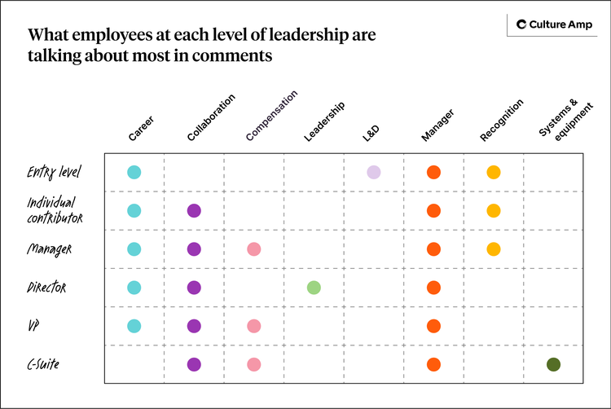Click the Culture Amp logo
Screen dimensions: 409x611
click(x=552, y=25)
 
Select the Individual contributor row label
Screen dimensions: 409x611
click(x=54, y=210)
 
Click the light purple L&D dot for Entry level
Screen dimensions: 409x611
click(x=373, y=172)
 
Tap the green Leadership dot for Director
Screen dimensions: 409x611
click(x=314, y=288)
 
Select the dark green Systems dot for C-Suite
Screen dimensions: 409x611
click(x=553, y=365)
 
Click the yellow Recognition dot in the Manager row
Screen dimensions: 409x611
click(x=493, y=249)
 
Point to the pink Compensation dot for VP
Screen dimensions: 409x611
click(x=253, y=326)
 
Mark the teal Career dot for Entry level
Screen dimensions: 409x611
click(x=134, y=172)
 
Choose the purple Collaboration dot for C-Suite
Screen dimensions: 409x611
click(x=194, y=365)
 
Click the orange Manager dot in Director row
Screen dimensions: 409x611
click(x=433, y=288)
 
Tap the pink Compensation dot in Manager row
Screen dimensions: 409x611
click(x=253, y=249)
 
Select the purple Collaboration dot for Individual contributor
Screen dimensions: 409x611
click(x=194, y=211)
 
